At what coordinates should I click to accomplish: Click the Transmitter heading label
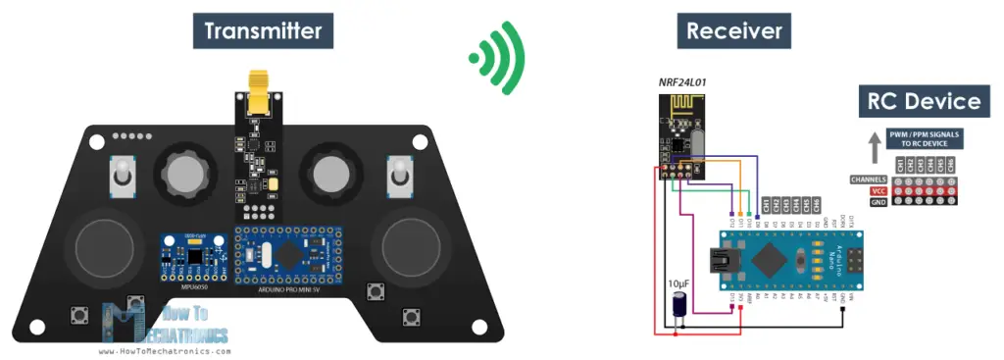[x=262, y=31]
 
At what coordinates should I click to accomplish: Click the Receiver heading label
[x=734, y=31]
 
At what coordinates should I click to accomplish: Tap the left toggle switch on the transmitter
[x=122, y=178]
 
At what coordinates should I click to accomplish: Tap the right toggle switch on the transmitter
[x=399, y=178]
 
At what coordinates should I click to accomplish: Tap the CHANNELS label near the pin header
[x=871, y=180]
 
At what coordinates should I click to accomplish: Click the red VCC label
[x=878, y=191]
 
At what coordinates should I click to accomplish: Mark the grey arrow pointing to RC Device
[x=874, y=146]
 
